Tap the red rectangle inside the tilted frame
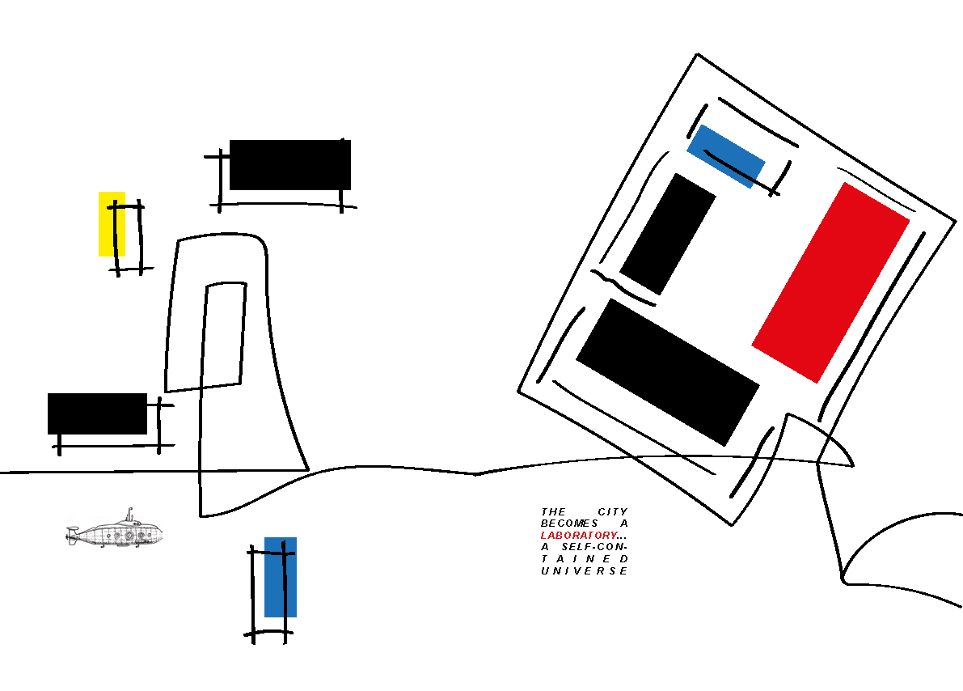tap(831, 282)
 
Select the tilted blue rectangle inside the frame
tap(725, 155)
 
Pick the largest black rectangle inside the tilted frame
tap(667, 372)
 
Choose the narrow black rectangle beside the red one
tap(668, 234)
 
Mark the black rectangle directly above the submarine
tap(97, 413)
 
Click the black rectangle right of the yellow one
tap(289, 165)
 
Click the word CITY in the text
tap(613, 512)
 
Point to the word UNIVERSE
tap(584, 571)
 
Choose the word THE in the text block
tap(554, 512)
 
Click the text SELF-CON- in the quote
tap(597, 548)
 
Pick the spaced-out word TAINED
tap(584, 559)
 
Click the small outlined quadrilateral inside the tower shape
tap(225, 334)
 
